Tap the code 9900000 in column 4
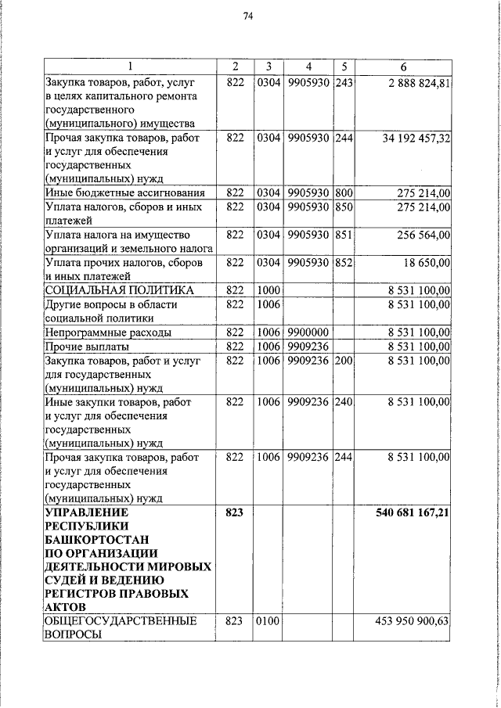(308, 332)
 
